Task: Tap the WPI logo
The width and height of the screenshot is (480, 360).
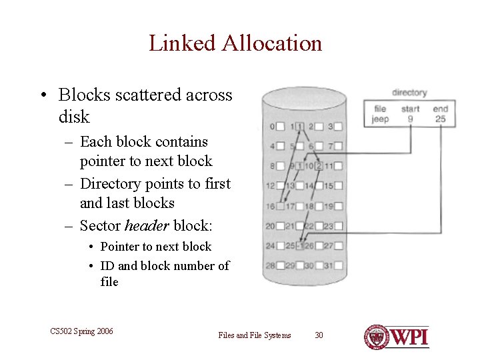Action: point(397,337)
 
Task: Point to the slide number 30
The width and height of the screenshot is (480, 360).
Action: point(319,335)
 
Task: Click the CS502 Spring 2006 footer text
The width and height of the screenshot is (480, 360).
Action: point(81,331)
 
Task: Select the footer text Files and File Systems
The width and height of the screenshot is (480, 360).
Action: point(255,335)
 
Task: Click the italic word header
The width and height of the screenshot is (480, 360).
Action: point(145,225)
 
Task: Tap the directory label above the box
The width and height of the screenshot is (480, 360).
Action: point(409,93)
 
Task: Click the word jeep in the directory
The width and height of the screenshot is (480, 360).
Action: point(380,119)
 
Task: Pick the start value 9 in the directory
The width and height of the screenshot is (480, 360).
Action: point(411,119)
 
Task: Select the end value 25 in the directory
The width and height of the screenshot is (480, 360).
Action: point(440,119)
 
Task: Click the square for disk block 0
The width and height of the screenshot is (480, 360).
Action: point(281,126)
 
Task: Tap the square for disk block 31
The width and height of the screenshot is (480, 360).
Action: point(339,265)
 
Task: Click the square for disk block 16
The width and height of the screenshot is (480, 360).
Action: point(281,206)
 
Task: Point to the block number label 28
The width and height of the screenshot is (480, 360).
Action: point(270,265)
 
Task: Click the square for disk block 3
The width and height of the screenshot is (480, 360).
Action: point(339,126)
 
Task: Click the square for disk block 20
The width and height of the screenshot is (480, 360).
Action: point(281,226)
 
